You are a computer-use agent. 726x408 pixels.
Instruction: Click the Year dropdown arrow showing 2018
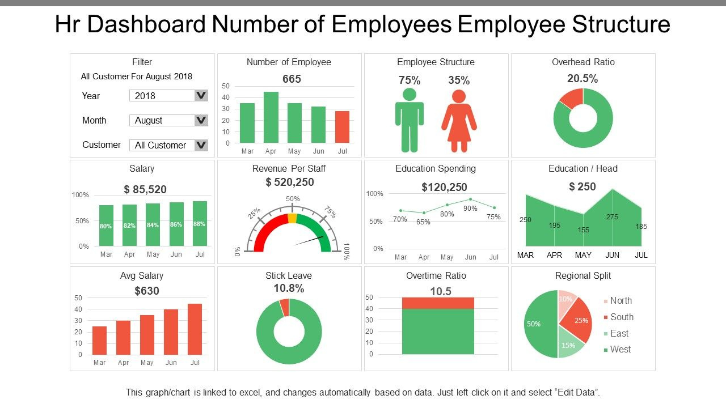point(201,95)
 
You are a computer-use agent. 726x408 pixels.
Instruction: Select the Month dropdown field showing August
point(162,120)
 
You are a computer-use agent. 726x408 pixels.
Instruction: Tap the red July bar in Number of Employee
point(342,127)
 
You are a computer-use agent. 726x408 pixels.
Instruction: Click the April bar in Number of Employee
point(271,117)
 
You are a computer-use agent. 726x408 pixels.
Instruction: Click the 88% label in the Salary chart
point(200,224)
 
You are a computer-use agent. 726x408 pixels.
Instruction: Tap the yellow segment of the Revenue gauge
point(292,218)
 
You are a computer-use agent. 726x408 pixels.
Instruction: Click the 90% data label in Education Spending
point(470,209)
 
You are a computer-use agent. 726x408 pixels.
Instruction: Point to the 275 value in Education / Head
point(612,217)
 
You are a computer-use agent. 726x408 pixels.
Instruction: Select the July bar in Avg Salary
point(195,329)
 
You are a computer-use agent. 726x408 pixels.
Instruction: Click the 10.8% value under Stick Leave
point(289,288)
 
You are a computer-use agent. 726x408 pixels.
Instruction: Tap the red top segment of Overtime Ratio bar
point(438,303)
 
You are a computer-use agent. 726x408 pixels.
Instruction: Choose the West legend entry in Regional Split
point(620,350)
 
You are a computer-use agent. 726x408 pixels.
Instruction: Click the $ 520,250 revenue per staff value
point(289,182)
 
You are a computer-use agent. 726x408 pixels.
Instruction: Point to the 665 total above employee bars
point(292,79)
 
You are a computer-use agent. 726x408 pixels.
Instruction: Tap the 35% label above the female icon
point(459,80)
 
